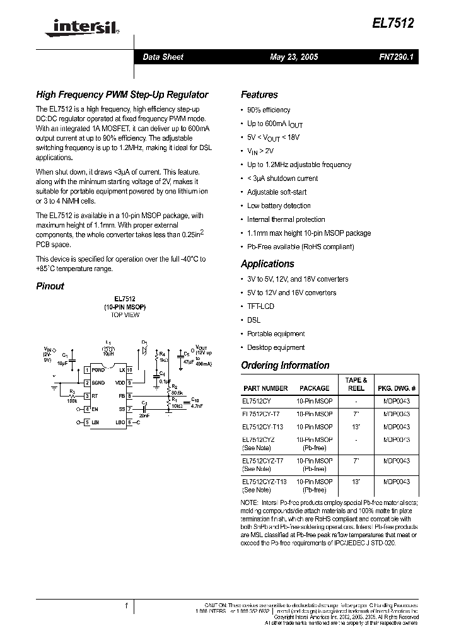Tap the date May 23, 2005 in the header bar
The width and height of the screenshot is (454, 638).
coord(294,57)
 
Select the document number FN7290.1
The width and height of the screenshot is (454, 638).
coord(396,57)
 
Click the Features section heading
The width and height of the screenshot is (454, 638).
coord(259,95)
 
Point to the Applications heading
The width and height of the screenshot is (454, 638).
coord(267,264)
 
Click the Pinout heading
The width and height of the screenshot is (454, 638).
coord(50,286)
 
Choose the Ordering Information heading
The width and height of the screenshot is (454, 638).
coord(285,365)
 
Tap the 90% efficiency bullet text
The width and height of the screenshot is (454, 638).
coord(269,110)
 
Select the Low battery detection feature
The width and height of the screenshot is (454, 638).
coord(279,206)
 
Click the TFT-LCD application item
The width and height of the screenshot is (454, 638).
coord(260,306)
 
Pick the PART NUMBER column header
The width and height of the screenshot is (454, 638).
coord(265,388)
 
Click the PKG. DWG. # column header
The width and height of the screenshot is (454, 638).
coord(397,388)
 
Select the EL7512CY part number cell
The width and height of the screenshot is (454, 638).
coord(258,400)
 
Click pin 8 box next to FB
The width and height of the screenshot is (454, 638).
coord(129,396)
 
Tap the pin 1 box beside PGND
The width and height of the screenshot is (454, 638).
coord(87,370)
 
